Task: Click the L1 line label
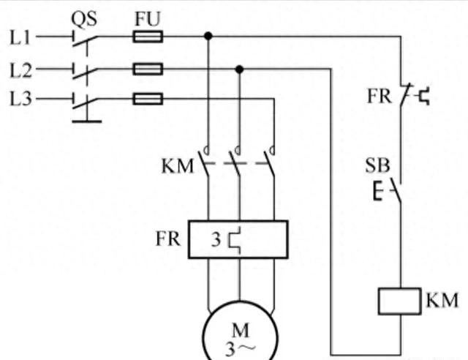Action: coord(20,36)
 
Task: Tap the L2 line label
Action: coord(20,70)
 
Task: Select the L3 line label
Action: coord(20,98)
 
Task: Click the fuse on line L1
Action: coord(147,35)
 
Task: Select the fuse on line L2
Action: coord(147,69)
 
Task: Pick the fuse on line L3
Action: coord(147,98)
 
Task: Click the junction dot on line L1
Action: coord(208,35)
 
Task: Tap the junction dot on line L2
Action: coord(238,69)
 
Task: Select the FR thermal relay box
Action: coord(238,239)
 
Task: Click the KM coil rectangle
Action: coord(399,301)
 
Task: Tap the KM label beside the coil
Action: coord(442,300)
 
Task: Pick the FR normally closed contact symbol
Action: coord(409,95)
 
